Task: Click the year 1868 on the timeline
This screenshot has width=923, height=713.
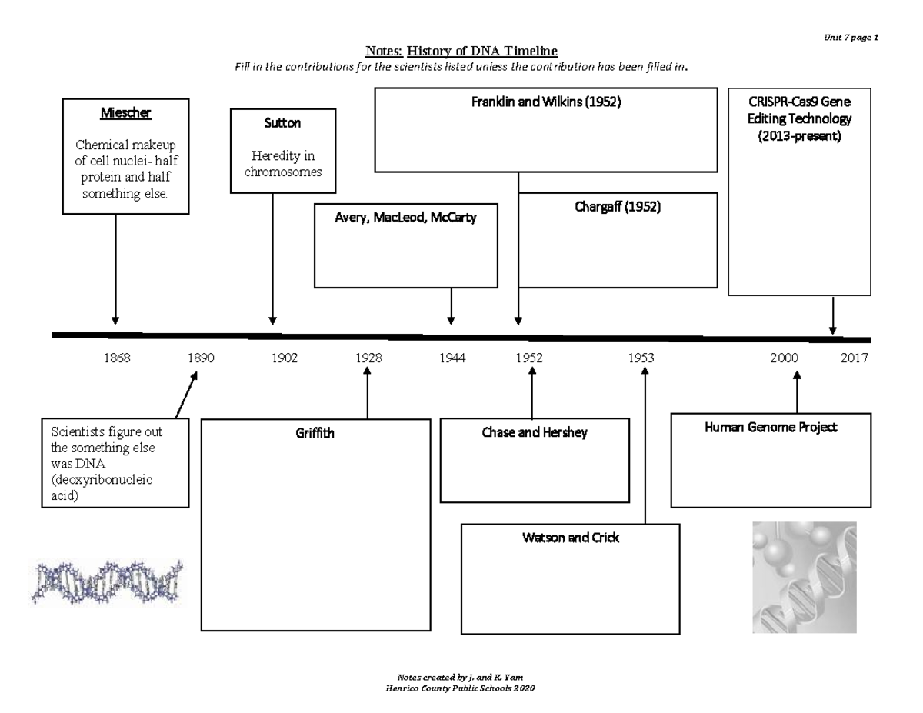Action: (x=116, y=358)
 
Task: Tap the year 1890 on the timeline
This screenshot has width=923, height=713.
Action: (x=201, y=358)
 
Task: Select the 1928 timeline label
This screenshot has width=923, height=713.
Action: (x=368, y=358)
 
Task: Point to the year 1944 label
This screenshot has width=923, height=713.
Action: (x=452, y=358)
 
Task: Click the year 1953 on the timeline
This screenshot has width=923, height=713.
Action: (x=641, y=358)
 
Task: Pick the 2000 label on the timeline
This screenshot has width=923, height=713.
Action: (x=785, y=358)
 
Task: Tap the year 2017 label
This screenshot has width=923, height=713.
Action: (x=854, y=358)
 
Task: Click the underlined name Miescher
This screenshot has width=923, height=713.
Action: (x=126, y=113)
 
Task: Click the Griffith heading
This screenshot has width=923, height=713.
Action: (x=315, y=433)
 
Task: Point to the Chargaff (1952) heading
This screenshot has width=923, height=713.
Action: (x=618, y=207)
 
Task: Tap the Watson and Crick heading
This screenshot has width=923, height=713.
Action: (x=570, y=538)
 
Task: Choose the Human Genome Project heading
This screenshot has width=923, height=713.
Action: (x=771, y=427)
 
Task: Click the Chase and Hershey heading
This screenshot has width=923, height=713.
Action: (x=535, y=432)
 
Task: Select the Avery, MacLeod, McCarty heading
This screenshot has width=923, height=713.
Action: (x=405, y=218)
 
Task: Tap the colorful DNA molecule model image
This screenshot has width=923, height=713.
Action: (x=108, y=581)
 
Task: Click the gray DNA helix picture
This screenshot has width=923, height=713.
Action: (x=804, y=577)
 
